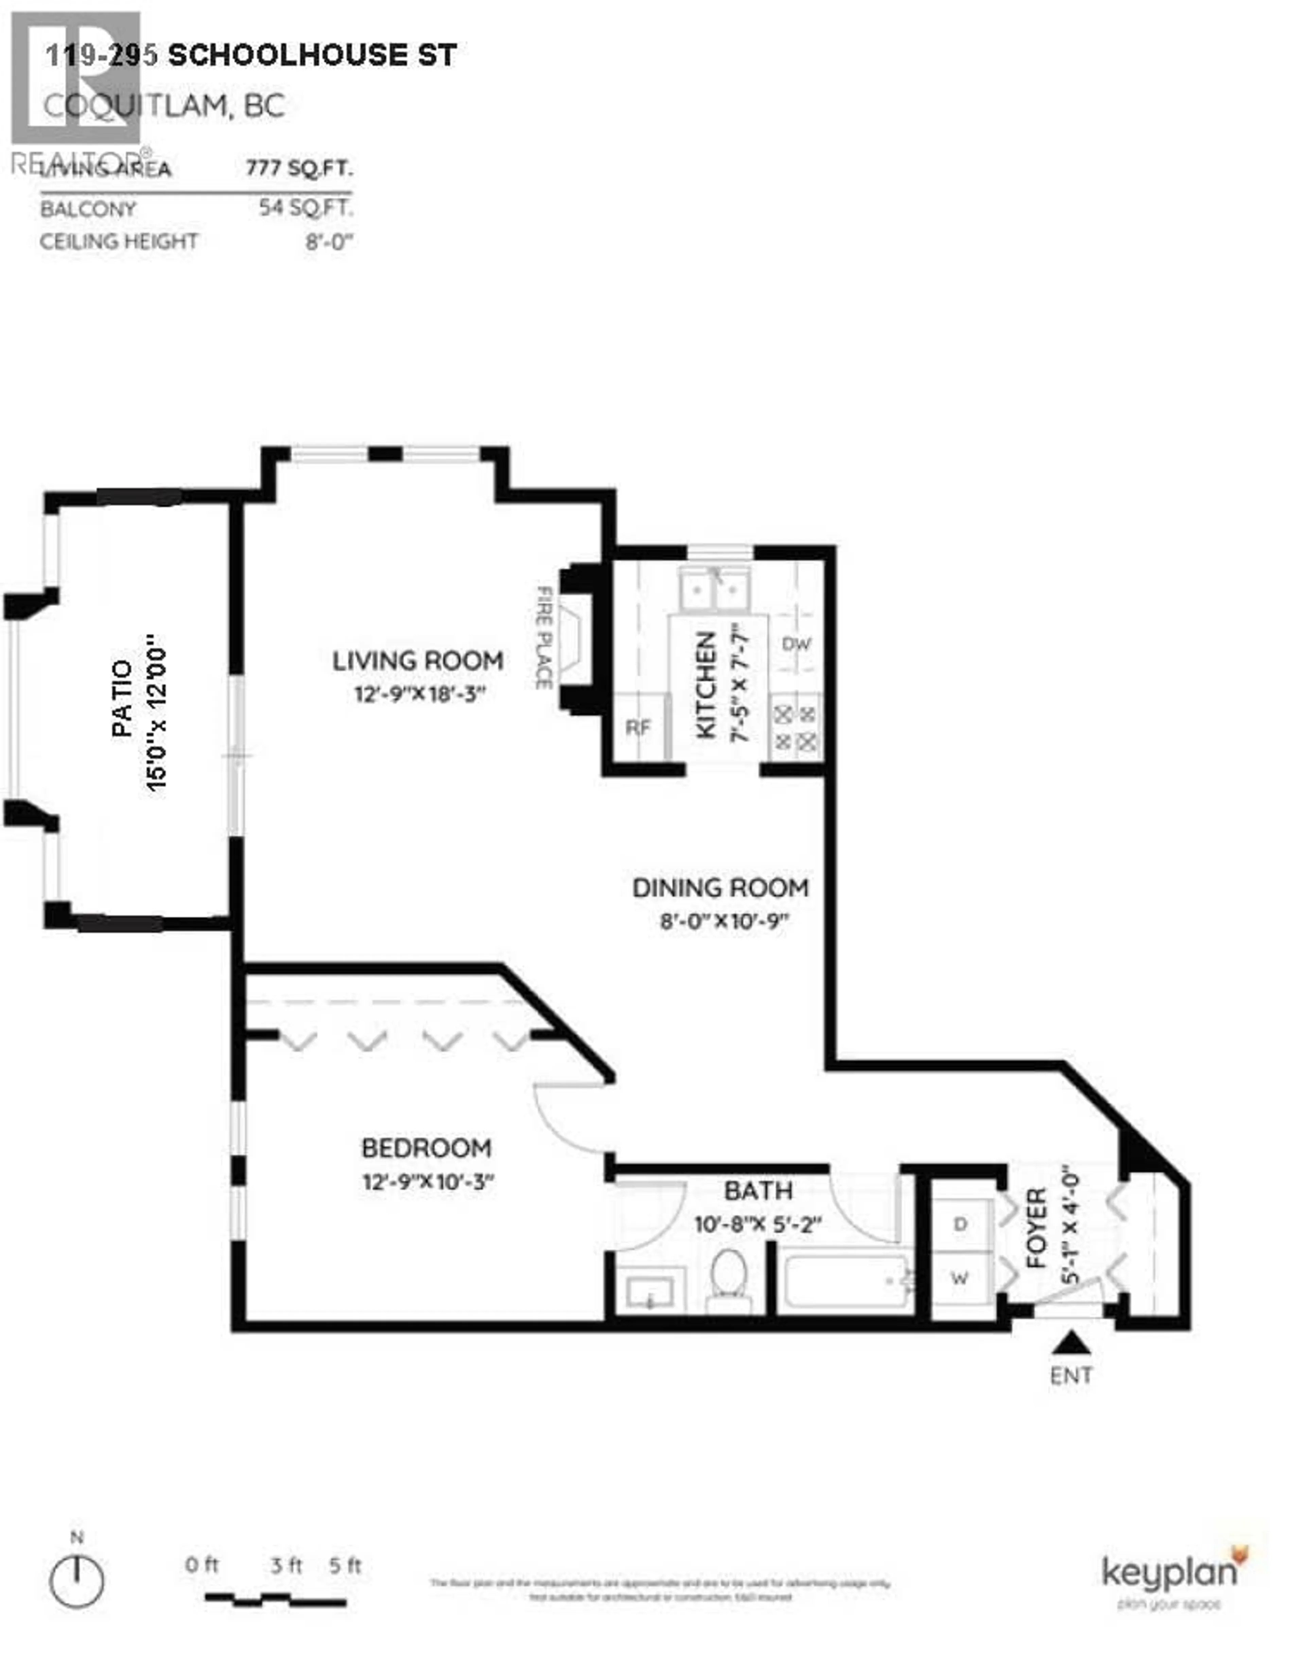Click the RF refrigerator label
(639, 727)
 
